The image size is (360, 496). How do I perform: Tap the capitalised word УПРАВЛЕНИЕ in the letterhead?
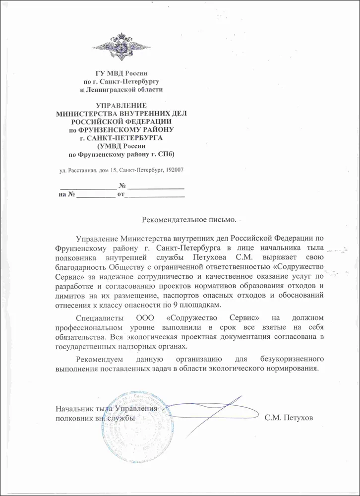(121, 106)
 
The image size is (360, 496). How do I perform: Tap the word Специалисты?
(98, 318)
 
